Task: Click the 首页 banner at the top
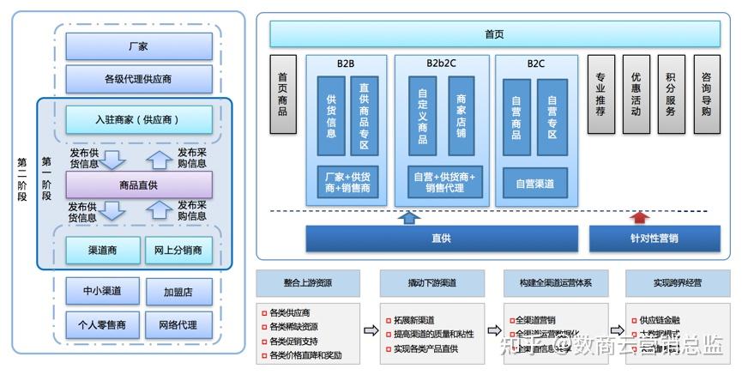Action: [494, 34]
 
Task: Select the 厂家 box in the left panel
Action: [138, 46]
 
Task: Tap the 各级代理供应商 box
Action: [138, 79]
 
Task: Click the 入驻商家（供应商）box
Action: [138, 118]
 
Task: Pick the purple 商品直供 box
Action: [138, 184]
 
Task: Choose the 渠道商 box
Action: [102, 250]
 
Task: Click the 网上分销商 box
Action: [178, 250]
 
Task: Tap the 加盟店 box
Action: [178, 292]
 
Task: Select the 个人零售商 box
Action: [102, 324]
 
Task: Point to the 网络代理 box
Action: [178, 324]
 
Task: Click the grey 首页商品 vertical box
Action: [282, 94]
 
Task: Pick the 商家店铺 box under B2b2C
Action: [461, 116]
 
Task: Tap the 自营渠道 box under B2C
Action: [534, 183]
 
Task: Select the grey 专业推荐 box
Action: [600, 94]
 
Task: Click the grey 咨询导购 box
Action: [705, 94]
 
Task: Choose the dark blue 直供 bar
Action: [442, 238]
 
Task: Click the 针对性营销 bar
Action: [655, 238]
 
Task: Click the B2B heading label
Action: [347, 63]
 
